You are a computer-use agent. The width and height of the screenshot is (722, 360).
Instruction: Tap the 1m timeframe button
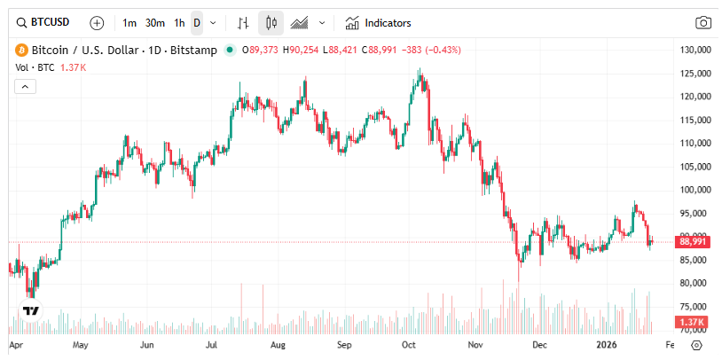pos(129,22)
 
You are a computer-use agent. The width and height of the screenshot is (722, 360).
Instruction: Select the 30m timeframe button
pos(154,22)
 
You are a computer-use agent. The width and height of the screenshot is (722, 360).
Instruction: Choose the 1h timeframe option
pos(179,22)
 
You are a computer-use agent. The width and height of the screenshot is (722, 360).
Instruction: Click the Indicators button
pos(379,22)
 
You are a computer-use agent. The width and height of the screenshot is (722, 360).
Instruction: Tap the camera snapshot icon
pos(702,22)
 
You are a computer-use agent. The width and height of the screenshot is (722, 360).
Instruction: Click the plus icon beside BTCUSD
pos(97,22)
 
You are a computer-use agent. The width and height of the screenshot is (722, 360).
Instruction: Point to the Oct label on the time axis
pos(410,344)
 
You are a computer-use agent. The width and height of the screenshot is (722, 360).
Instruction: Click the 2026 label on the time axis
pos(606,344)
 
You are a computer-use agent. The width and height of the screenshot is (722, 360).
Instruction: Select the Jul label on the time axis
pos(213,344)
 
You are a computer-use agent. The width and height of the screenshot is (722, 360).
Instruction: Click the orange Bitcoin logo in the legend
pos(18,50)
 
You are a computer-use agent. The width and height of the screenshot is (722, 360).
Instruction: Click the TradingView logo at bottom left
pos(30,311)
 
